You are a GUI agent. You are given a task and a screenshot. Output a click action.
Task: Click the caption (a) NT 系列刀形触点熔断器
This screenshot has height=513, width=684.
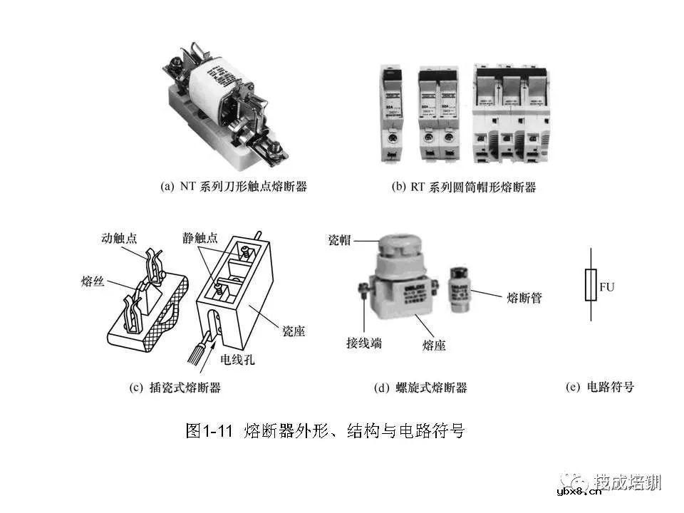click(233, 187)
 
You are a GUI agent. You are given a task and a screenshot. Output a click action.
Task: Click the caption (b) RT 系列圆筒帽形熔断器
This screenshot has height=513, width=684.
click(464, 187)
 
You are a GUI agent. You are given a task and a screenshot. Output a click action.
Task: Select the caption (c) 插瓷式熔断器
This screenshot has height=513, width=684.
click(175, 388)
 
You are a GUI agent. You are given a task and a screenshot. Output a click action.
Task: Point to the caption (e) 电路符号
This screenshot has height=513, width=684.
click(599, 388)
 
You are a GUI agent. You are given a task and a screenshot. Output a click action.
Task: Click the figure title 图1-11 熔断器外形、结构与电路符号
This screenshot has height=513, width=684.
click(324, 430)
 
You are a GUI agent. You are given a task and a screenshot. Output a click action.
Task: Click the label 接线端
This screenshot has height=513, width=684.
click(363, 343)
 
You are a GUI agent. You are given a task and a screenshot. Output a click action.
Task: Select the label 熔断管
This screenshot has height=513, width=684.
click(524, 297)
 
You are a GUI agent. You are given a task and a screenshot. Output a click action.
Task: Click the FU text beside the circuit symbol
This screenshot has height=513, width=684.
click(606, 287)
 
